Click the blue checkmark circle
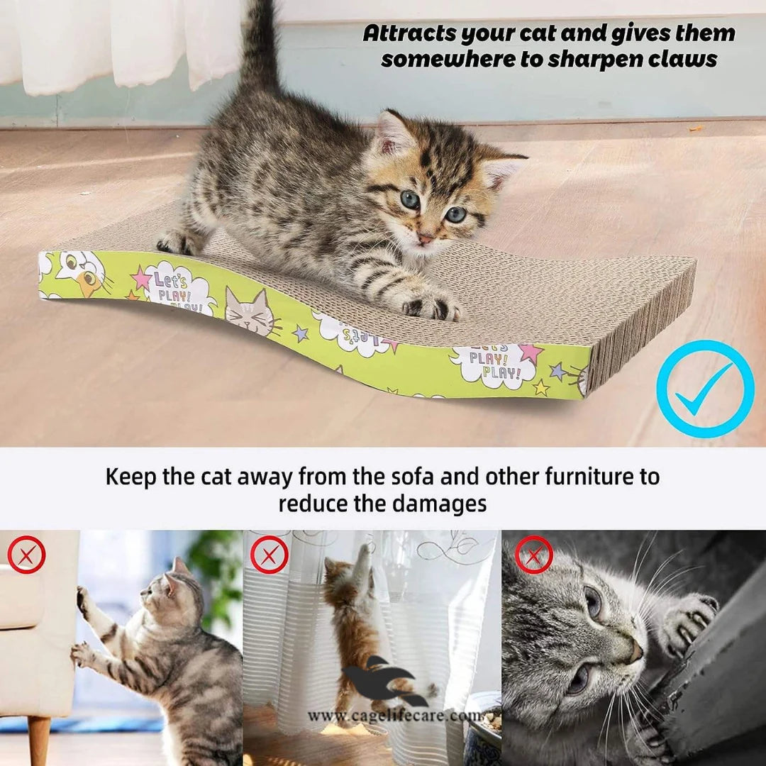(704, 389)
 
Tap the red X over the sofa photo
(27, 555)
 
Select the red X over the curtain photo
(270, 555)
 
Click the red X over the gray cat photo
(533, 555)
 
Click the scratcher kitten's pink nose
(423, 239)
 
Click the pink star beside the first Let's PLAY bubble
(142, 277)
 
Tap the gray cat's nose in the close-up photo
(634, 650)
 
